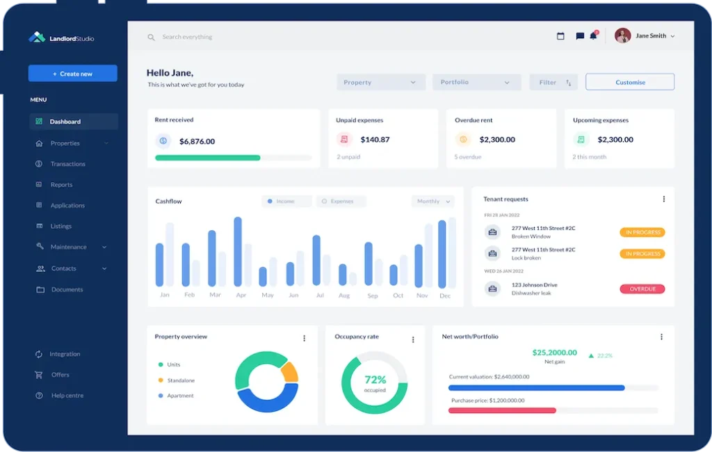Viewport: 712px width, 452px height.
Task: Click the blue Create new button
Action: tap(72, 74)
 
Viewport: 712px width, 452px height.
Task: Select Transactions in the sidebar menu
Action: tap(67, 164)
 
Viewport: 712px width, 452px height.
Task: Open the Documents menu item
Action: tap(67, 289)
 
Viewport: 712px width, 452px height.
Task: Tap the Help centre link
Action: tap(67, 396)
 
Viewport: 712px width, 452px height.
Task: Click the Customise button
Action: tap(630, 82)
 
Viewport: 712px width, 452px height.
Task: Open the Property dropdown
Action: tap(380, 82)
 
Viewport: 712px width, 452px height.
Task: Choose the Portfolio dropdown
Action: tap(476, 82)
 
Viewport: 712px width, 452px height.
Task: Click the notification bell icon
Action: tap(593, 36)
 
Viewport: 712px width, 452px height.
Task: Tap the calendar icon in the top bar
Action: tap(560, 36)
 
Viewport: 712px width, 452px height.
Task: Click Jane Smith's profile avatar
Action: tap(622, 35)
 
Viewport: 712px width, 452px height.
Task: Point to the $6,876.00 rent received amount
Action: tap(197, 141)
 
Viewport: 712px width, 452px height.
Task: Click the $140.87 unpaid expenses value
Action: tap(375, 140)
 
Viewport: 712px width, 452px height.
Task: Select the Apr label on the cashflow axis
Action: tap(241, 295)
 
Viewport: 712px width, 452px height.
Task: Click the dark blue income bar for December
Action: tap(442, 254)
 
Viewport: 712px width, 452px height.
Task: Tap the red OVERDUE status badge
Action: tap(642, 289)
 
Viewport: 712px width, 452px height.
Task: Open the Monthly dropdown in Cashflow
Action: tap(432, 201)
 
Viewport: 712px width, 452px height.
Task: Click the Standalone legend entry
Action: tap(181, 380)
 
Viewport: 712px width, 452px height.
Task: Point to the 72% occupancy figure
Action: tap(375, 380)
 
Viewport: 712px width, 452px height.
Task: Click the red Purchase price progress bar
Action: tap(501, 410)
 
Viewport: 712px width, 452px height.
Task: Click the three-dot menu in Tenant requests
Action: tap(663, 199)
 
